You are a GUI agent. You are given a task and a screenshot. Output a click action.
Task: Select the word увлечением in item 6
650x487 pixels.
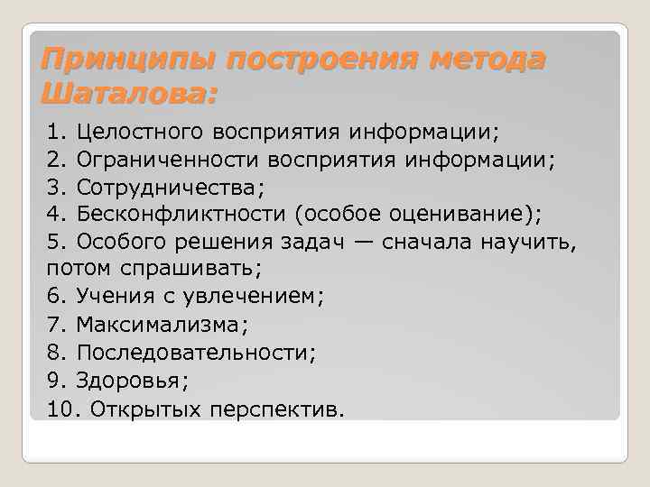(x=257, y=296)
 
